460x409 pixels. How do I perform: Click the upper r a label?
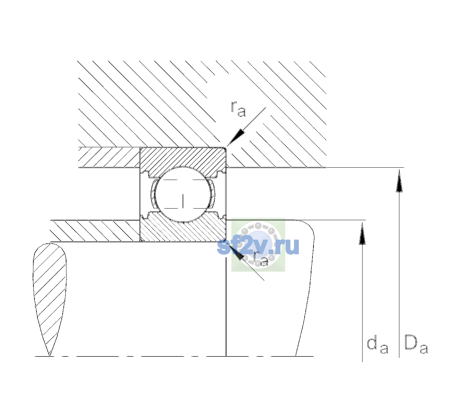pos(238,109)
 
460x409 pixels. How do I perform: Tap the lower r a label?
pos(261,259)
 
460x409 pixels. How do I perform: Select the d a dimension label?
pos(377,346)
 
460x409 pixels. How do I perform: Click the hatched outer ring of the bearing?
pos(183,159)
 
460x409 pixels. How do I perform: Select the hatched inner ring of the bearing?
pos(183,229)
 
